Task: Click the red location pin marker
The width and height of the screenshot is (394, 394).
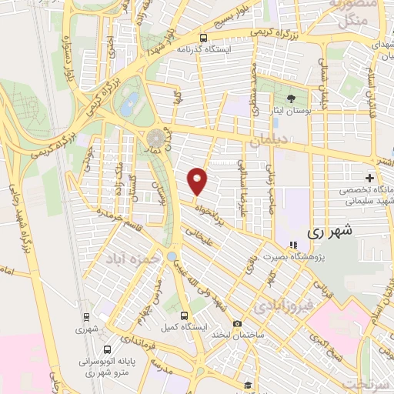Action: tap(198, 180)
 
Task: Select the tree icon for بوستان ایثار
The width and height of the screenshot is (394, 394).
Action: tap(291, 98)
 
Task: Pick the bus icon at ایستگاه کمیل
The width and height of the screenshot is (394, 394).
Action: tap(183, 314)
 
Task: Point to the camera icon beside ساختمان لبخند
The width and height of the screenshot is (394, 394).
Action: tap(237, 324)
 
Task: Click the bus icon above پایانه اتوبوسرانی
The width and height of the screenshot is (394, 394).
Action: tap(115, 347)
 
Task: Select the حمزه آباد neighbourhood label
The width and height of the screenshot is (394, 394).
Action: tap(135, 259)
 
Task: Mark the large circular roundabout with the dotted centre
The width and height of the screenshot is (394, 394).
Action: tap(156, 138)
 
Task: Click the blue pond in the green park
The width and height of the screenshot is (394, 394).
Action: tap(128, 99)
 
